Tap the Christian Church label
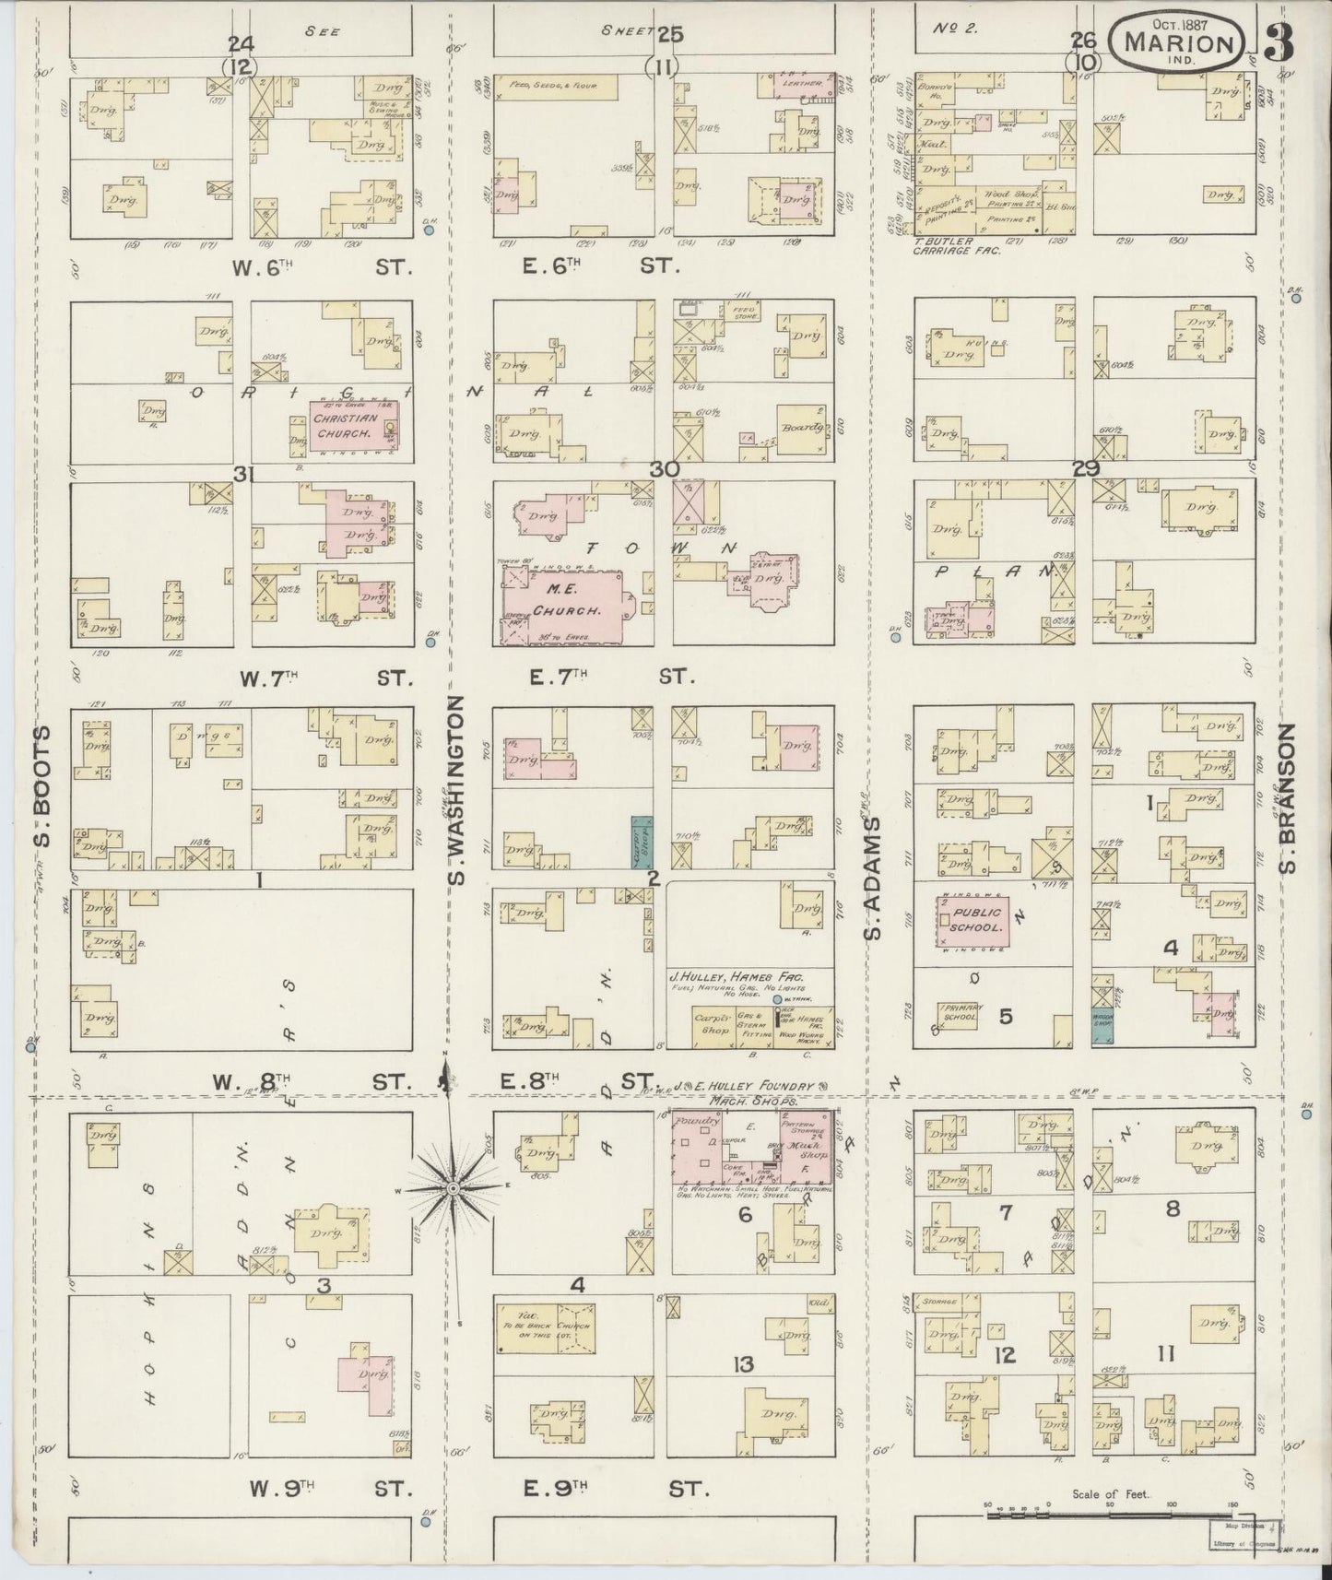pos(343,425)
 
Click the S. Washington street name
pos(459,790)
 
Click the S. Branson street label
pos(1288,797)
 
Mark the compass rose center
pos(453,1189)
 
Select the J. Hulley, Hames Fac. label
pos(737,977)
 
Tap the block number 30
pos(664,469)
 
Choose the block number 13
pos(743,1364)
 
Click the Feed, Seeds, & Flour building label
pos(547,86)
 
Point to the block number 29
pos(1086,469)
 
